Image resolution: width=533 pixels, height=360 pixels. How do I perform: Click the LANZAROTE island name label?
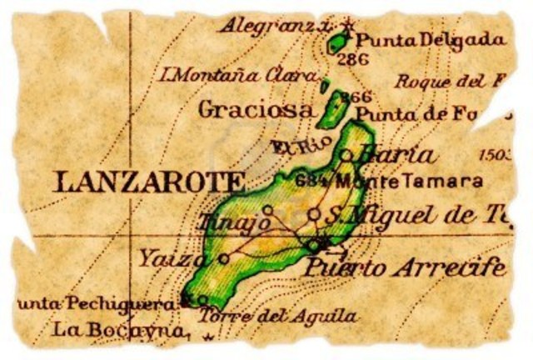pyautogui.click(x=149, y=182)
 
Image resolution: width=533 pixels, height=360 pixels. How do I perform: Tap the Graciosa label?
pyautogui.click(x=257, y=110)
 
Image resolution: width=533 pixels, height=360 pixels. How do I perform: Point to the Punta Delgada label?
pyautogui.click(x=431, y=39)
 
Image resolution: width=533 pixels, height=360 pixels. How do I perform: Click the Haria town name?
pyautogui.click(x=396, y=154)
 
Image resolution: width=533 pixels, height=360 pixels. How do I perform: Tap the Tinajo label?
pyautogui.click(x=235, y=222)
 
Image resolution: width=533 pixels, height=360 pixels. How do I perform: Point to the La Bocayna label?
pyautogui.click(x=117, y=330)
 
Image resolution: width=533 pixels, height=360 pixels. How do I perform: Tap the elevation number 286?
pyautogui.click(x=354, y=59)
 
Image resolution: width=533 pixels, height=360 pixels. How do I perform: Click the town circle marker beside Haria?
pyautogui.click(x=346, y=154)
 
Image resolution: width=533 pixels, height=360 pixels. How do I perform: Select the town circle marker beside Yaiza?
pyautogui.click(x=223, y=258)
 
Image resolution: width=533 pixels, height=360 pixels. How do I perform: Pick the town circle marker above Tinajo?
pyautogui.click(x=267, y=210)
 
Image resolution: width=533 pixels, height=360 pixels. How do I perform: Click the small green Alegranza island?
pyautogui.click(x=338, y=40)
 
